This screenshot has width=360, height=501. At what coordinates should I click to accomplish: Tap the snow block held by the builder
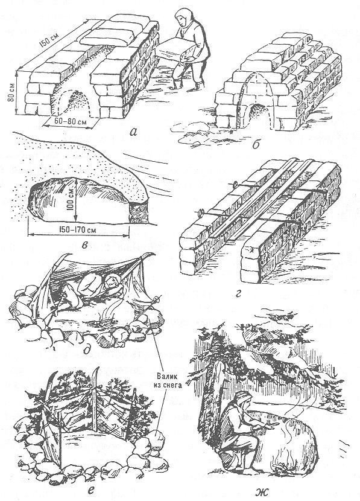pos(174,48)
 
